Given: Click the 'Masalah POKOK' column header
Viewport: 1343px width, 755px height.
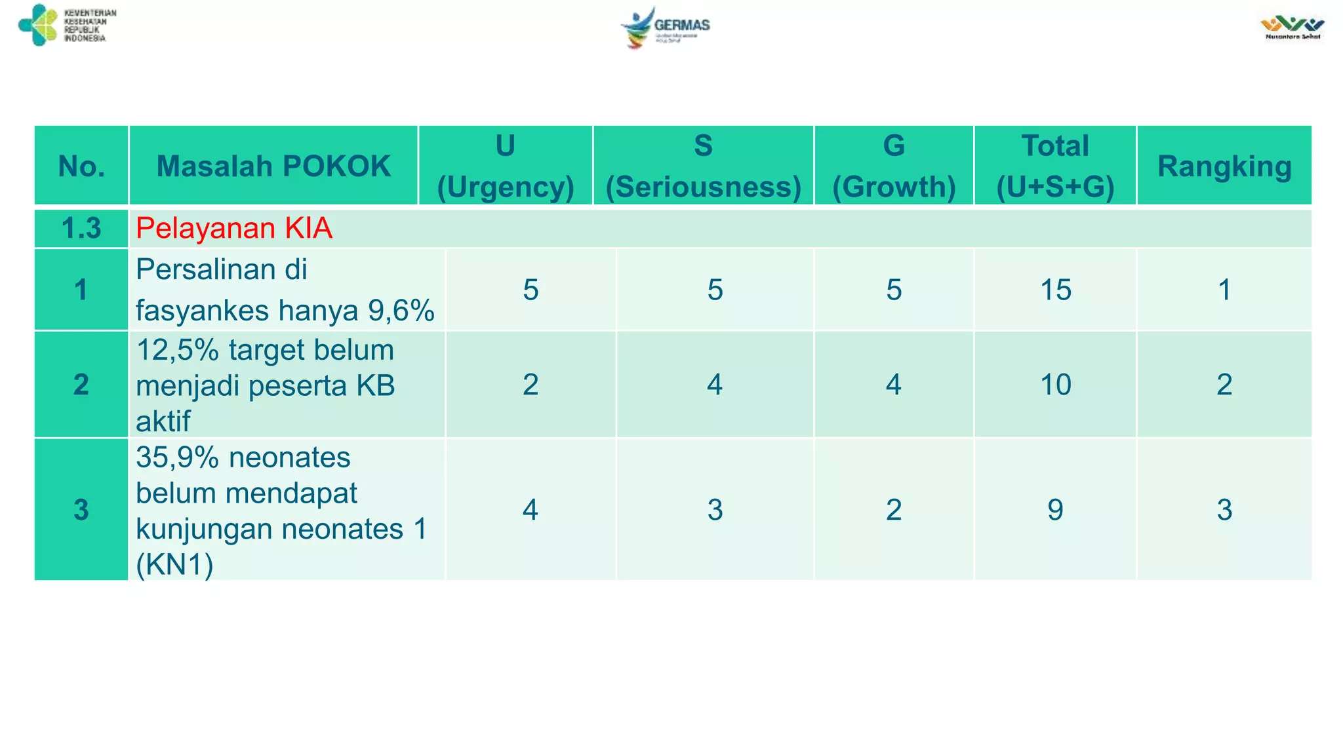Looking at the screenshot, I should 273,166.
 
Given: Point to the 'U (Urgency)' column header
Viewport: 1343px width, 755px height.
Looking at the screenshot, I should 505,166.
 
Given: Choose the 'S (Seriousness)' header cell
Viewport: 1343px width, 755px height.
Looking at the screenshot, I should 703,166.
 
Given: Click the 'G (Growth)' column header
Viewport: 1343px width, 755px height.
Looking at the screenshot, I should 894,166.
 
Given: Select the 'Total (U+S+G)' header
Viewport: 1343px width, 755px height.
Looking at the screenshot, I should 1055,166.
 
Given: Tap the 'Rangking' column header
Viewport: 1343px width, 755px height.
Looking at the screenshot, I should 1224,166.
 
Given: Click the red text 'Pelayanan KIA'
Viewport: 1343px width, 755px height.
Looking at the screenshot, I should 234,228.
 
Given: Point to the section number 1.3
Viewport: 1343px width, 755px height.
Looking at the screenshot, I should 81,228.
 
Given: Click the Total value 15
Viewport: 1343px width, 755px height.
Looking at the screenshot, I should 1056,290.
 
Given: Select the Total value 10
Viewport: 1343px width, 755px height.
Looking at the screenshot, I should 1056,384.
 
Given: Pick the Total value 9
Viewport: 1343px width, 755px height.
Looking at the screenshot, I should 1055,509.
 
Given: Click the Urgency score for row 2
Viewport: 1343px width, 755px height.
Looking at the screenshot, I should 531,384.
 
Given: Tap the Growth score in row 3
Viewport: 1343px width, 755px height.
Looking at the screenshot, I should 894,509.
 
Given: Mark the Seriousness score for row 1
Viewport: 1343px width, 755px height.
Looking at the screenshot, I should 715,290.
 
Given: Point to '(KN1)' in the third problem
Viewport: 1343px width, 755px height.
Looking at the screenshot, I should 174,564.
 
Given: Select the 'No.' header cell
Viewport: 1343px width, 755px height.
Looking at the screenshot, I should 81,166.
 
